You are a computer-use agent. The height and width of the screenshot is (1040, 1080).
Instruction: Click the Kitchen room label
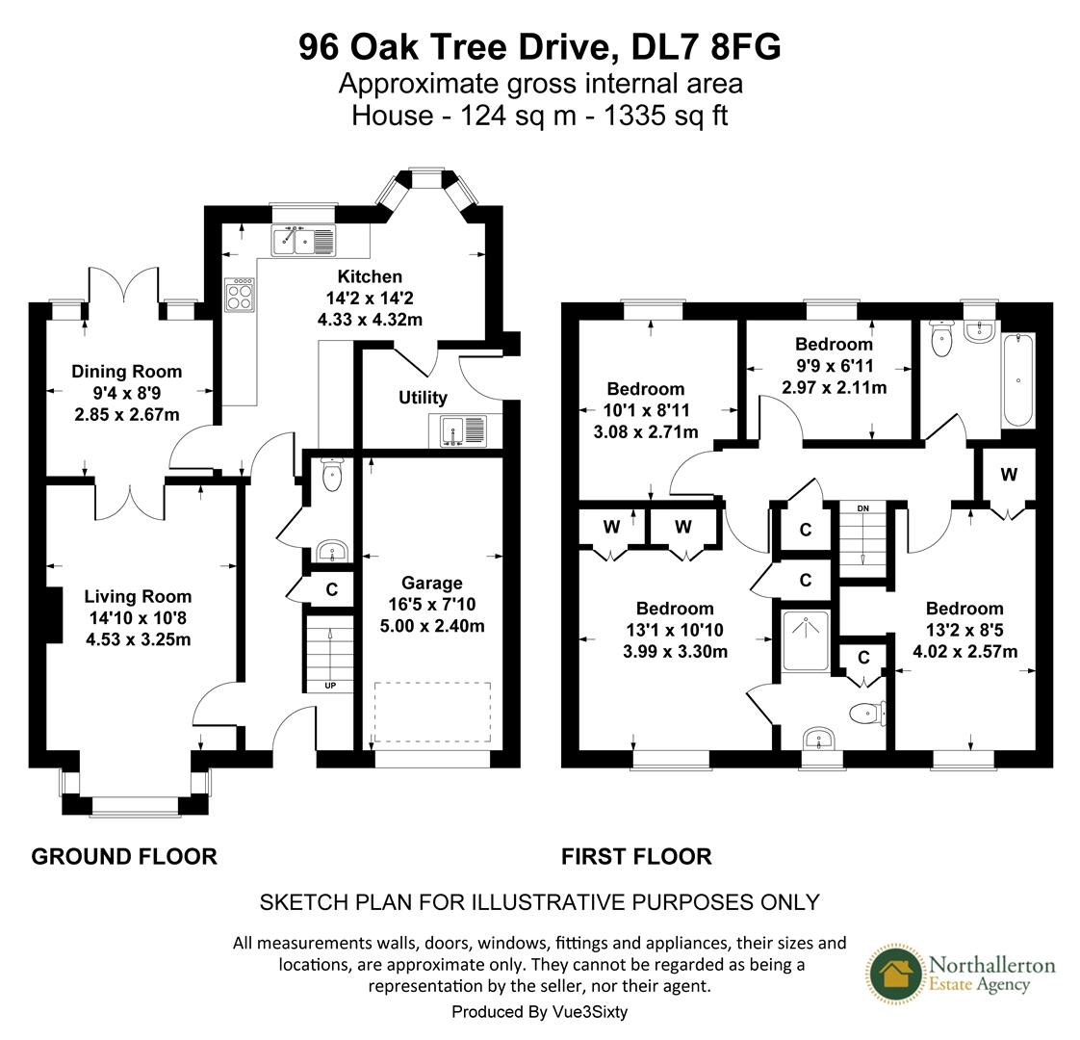pos(369,276)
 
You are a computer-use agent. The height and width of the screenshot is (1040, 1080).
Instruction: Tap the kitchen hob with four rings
pos(240,294)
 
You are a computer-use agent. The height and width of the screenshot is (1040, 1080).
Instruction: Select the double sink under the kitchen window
pos(303,240)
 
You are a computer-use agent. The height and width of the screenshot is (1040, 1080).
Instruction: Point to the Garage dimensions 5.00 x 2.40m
pos(432,626)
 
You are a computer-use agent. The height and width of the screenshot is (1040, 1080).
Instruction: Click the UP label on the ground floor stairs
pos(329,687)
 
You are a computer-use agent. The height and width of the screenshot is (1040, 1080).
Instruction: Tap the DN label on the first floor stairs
pos(863,507)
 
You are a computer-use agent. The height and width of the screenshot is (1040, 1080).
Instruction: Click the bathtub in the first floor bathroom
pos(1018,380)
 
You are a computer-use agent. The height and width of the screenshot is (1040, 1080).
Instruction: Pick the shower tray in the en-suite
pos(806,639)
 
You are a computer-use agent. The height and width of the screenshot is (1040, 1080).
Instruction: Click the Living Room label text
pos(138,596)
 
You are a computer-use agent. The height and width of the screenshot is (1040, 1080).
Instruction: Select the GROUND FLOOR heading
pos(124,856)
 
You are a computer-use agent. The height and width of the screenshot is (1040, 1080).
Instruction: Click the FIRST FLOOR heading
pos(636,856)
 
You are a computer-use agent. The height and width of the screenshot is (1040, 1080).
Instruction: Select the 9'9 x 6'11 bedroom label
pos(834,366)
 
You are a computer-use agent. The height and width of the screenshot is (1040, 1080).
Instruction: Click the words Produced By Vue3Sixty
pos(539,1012)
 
